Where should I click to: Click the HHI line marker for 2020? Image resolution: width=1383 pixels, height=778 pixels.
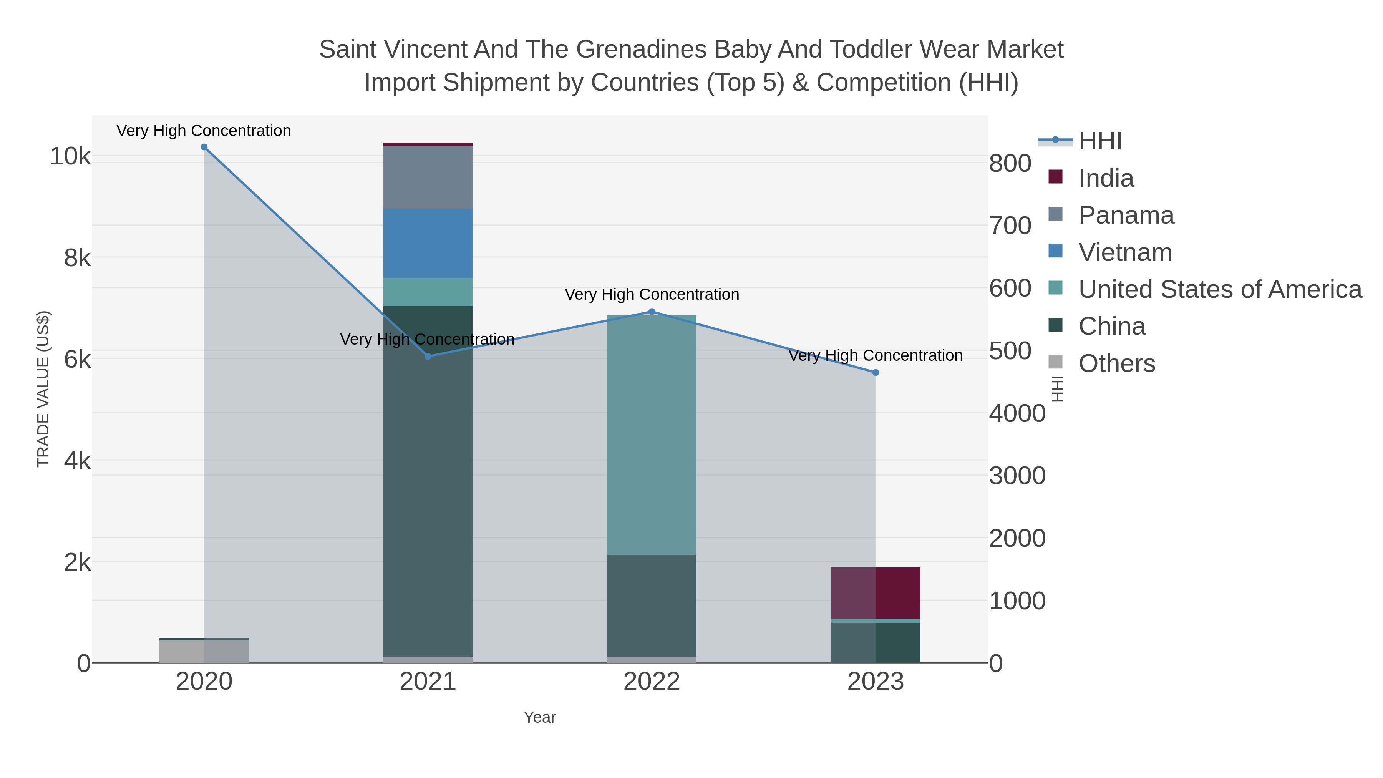(x=204, y=147)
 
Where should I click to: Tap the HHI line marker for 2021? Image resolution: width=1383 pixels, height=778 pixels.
(x=428, y=357)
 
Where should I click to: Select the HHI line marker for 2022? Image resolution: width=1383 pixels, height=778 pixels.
(x=652, y=312)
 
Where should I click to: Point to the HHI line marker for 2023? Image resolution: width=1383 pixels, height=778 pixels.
(x=876, y=373)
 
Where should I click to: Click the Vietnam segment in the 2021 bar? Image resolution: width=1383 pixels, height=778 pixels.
(x=428, y=243)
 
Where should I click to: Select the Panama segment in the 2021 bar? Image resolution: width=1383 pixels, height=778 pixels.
(x=428, y=177)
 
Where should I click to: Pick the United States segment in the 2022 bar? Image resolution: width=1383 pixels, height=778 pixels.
(x=652, y=435)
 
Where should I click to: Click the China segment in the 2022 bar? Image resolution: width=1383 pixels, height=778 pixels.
(x=652, y=605)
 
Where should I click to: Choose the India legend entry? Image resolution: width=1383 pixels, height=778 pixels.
(x=1106, y=178)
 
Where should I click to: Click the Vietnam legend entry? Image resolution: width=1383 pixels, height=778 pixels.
(x=1125, y=252)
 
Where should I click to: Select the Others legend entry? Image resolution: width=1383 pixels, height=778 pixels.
(x=1117, y=363)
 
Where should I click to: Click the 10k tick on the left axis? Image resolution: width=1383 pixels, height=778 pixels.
(x=70, y=156)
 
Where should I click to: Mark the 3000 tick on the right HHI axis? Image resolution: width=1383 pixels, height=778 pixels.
(x=1017, y=476)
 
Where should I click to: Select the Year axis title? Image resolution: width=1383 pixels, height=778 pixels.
(x=540, y=717)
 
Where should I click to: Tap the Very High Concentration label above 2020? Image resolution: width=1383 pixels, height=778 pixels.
(x=204, y=131)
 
